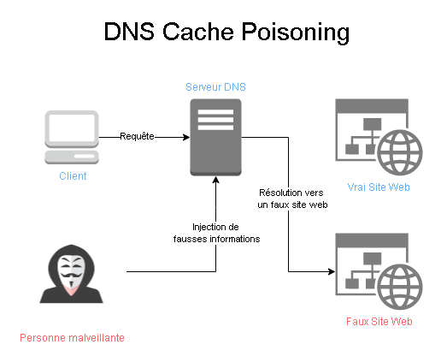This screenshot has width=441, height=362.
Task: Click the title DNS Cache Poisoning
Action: click(226, 32)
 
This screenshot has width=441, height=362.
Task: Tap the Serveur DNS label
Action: click(215, 87)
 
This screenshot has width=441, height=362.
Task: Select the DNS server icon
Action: click(215, 137)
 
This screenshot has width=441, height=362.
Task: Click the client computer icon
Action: click(72, 137)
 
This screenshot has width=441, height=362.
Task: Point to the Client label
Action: click(73, 176)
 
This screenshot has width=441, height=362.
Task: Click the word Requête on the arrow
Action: click(137, 136)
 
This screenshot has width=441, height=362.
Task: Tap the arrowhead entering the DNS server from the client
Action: click(186, 137)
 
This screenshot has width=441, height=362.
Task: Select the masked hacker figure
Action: click(71, 274)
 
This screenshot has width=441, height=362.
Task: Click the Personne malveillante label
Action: click(72, 338)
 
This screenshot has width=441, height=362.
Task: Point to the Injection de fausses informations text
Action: click(216, 233)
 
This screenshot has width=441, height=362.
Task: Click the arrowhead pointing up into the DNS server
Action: click(216, 180)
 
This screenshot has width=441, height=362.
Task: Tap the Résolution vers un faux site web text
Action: click(292, 199)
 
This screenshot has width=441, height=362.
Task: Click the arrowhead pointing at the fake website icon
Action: click(332, 271)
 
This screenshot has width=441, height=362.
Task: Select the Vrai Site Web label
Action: click(379, 187)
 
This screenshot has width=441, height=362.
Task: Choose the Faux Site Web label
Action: click(379, 322)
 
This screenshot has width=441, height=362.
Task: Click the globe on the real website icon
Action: click(400, 152)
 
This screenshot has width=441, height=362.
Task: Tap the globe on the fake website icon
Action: click(400, 287)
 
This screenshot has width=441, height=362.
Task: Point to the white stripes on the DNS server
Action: click(215, 120)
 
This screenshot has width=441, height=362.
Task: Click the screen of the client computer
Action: click(72, 128)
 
